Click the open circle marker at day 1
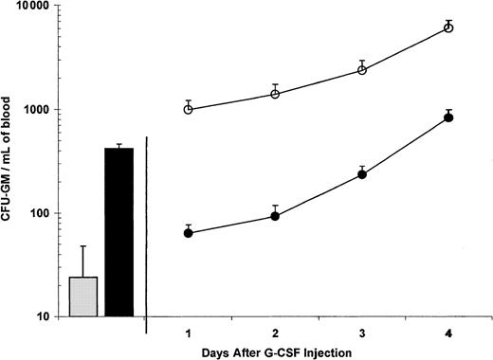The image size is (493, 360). [x=189, y=110]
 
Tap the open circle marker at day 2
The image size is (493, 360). [x=275, y=94]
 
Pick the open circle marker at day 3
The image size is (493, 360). [x=362, y=70]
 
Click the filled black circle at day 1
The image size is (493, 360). [x=189, y=233]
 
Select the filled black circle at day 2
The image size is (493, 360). [x=275, y=216]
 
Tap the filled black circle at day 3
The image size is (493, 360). [x=362, y=174]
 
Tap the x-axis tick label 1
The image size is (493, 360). [x=189, y=332]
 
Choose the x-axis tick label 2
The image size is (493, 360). [x=275, y=332]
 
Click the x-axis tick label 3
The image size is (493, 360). [x=362, y=332]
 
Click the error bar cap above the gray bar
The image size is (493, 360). [x=83, y=246]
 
